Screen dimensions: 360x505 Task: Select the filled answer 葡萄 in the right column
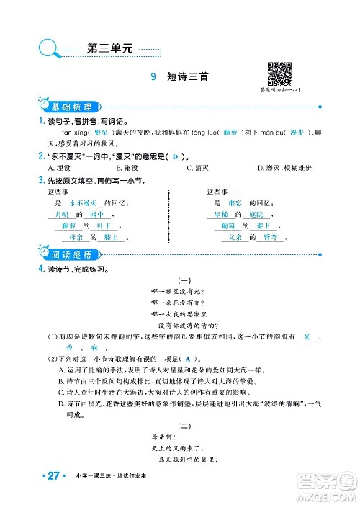[225, 225]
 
